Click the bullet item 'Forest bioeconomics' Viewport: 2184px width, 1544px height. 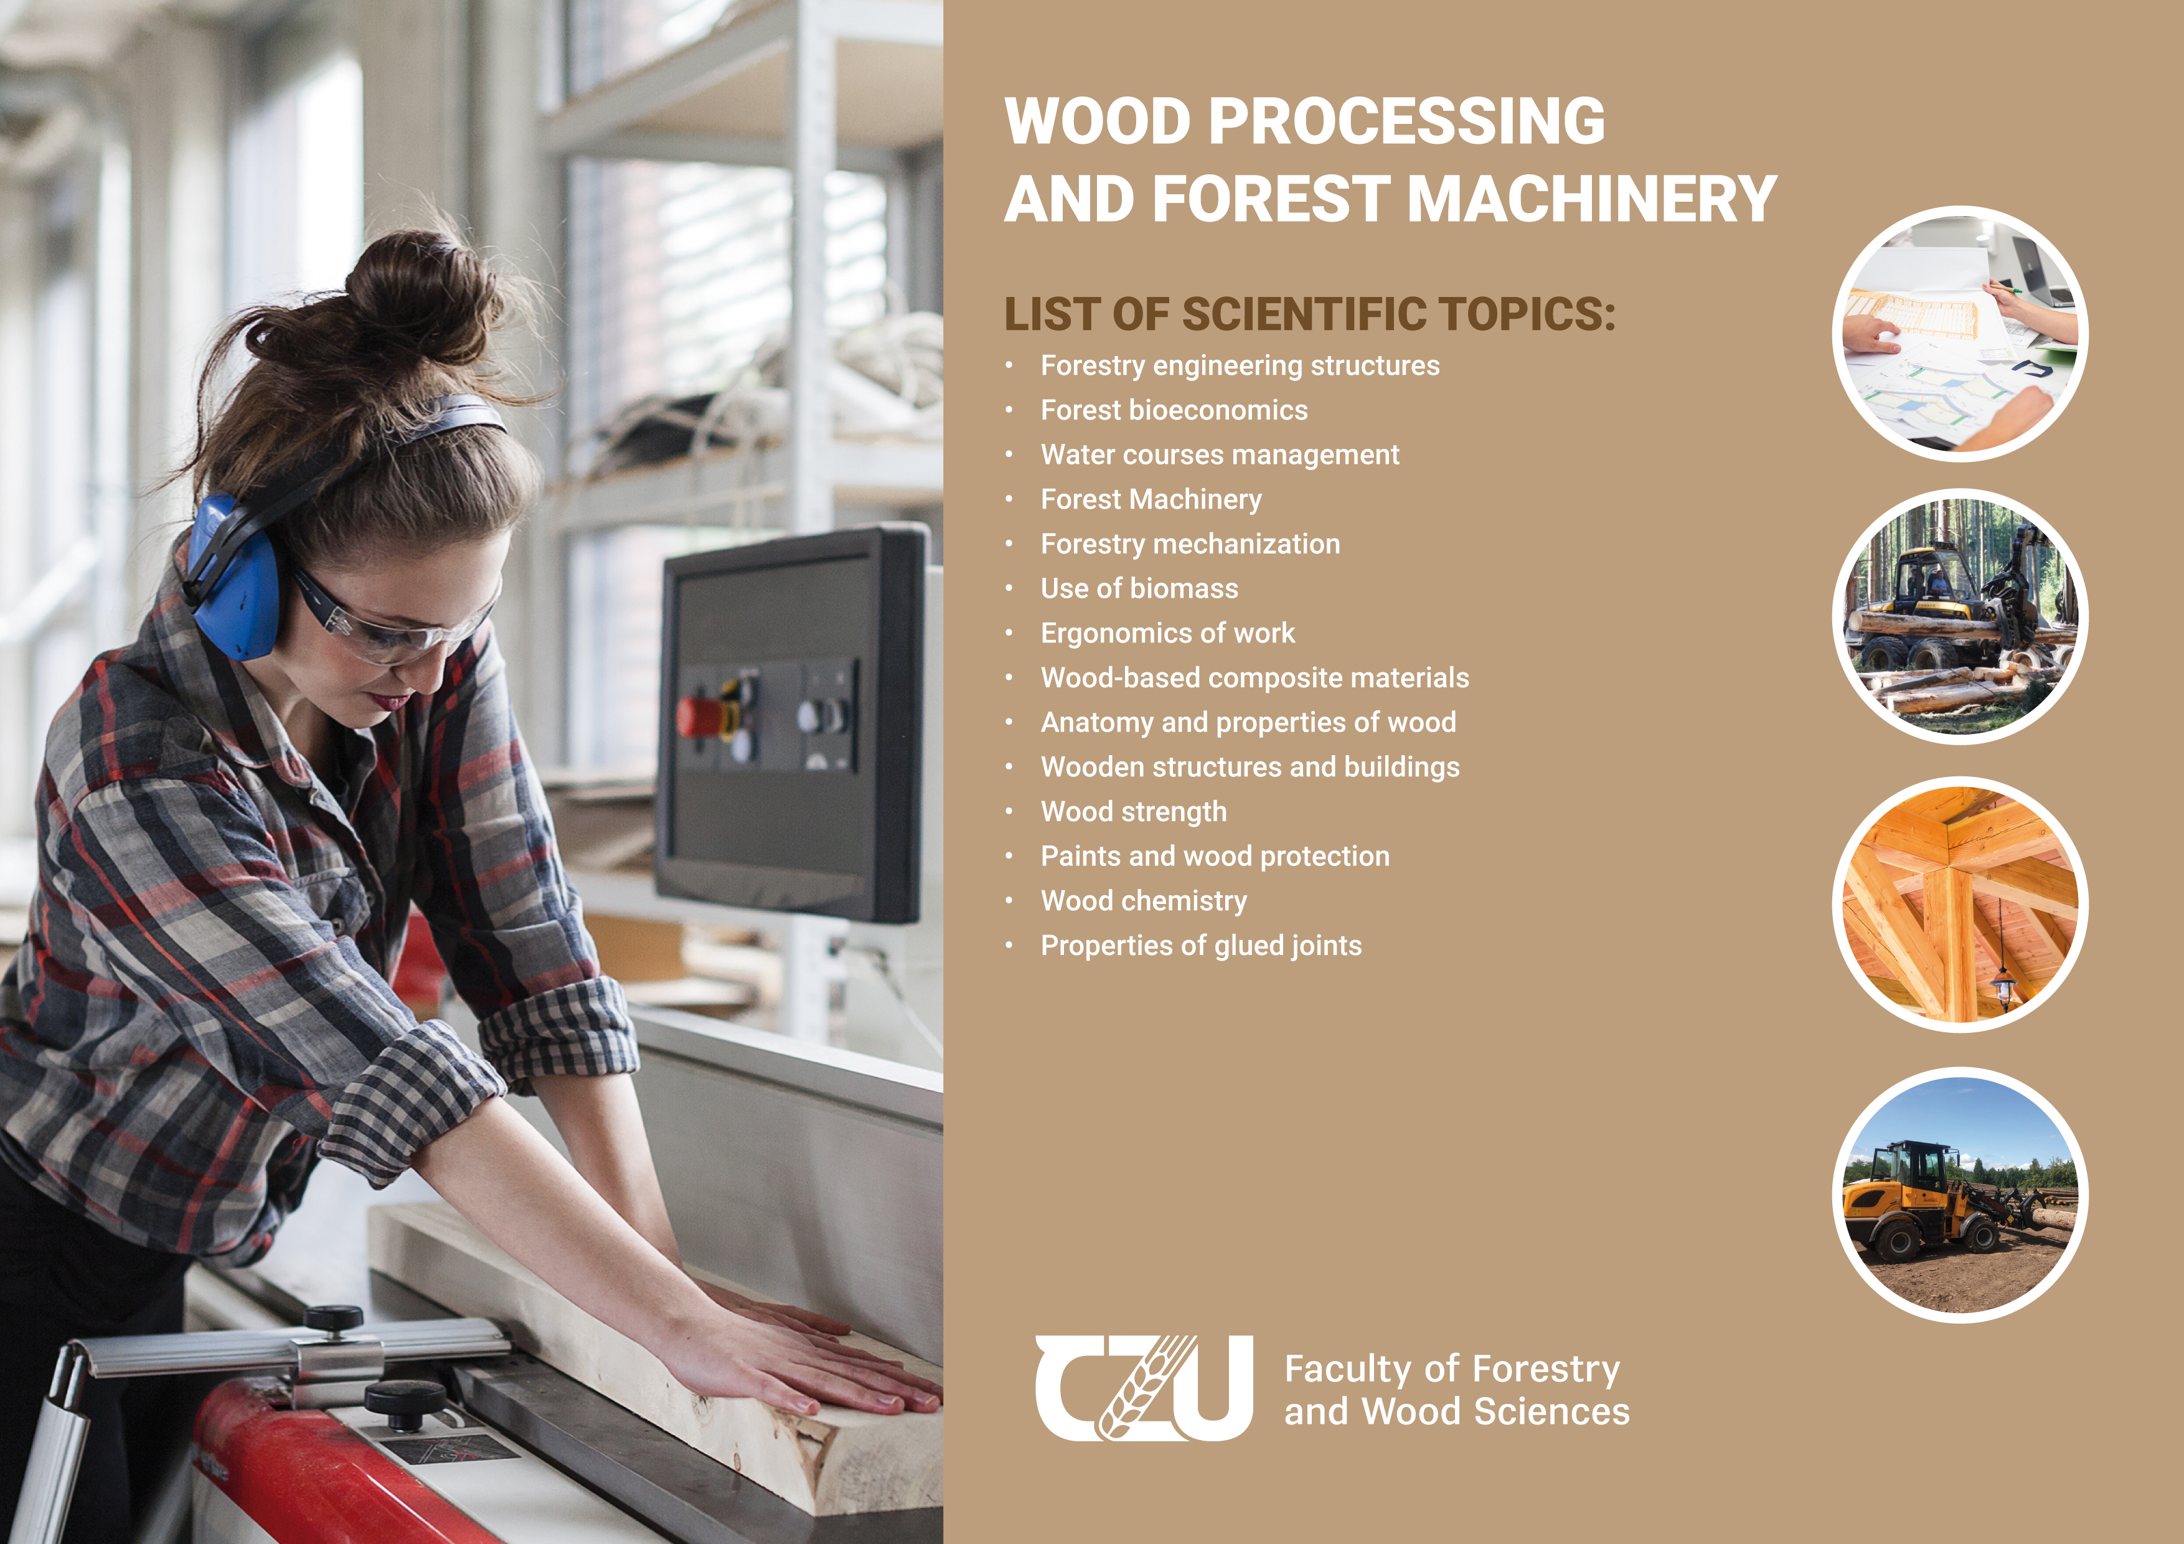(1174, 410)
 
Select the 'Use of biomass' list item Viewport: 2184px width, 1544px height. (1139, 589)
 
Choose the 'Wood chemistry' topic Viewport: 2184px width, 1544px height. (1144, 901)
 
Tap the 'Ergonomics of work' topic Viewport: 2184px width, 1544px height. (1168, 634)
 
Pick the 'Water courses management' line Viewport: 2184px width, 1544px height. (1220, 454)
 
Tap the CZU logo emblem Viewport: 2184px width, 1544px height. (1144, 1388)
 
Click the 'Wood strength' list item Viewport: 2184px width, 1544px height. (1134, 811)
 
